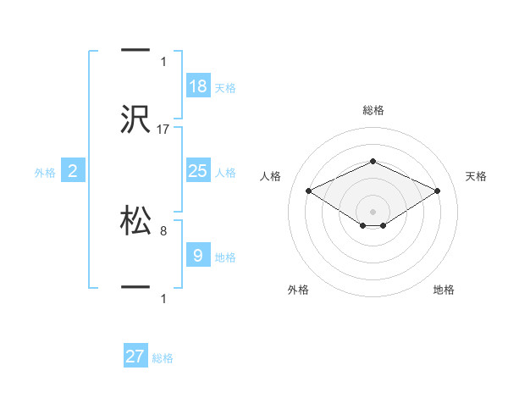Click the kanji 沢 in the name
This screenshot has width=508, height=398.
135,120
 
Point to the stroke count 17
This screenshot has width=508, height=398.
164,130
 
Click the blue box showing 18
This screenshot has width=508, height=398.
198,86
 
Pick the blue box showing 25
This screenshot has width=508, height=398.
198,171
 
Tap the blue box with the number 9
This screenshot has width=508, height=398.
198,255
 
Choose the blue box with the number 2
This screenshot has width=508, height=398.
73,171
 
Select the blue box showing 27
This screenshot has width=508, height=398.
135,357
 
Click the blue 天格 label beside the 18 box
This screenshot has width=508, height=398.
225,88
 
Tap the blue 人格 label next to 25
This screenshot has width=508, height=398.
225,173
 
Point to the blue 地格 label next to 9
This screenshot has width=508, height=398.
225,257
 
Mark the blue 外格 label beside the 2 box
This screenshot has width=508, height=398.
45,173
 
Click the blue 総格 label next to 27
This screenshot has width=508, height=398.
163,358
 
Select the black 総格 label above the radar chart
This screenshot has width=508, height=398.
373,110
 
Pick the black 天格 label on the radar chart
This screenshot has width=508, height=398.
476,176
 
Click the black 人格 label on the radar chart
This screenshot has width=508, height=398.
270,176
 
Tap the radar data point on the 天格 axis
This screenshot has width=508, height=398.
438,191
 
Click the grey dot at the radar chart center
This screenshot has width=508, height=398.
373,211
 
